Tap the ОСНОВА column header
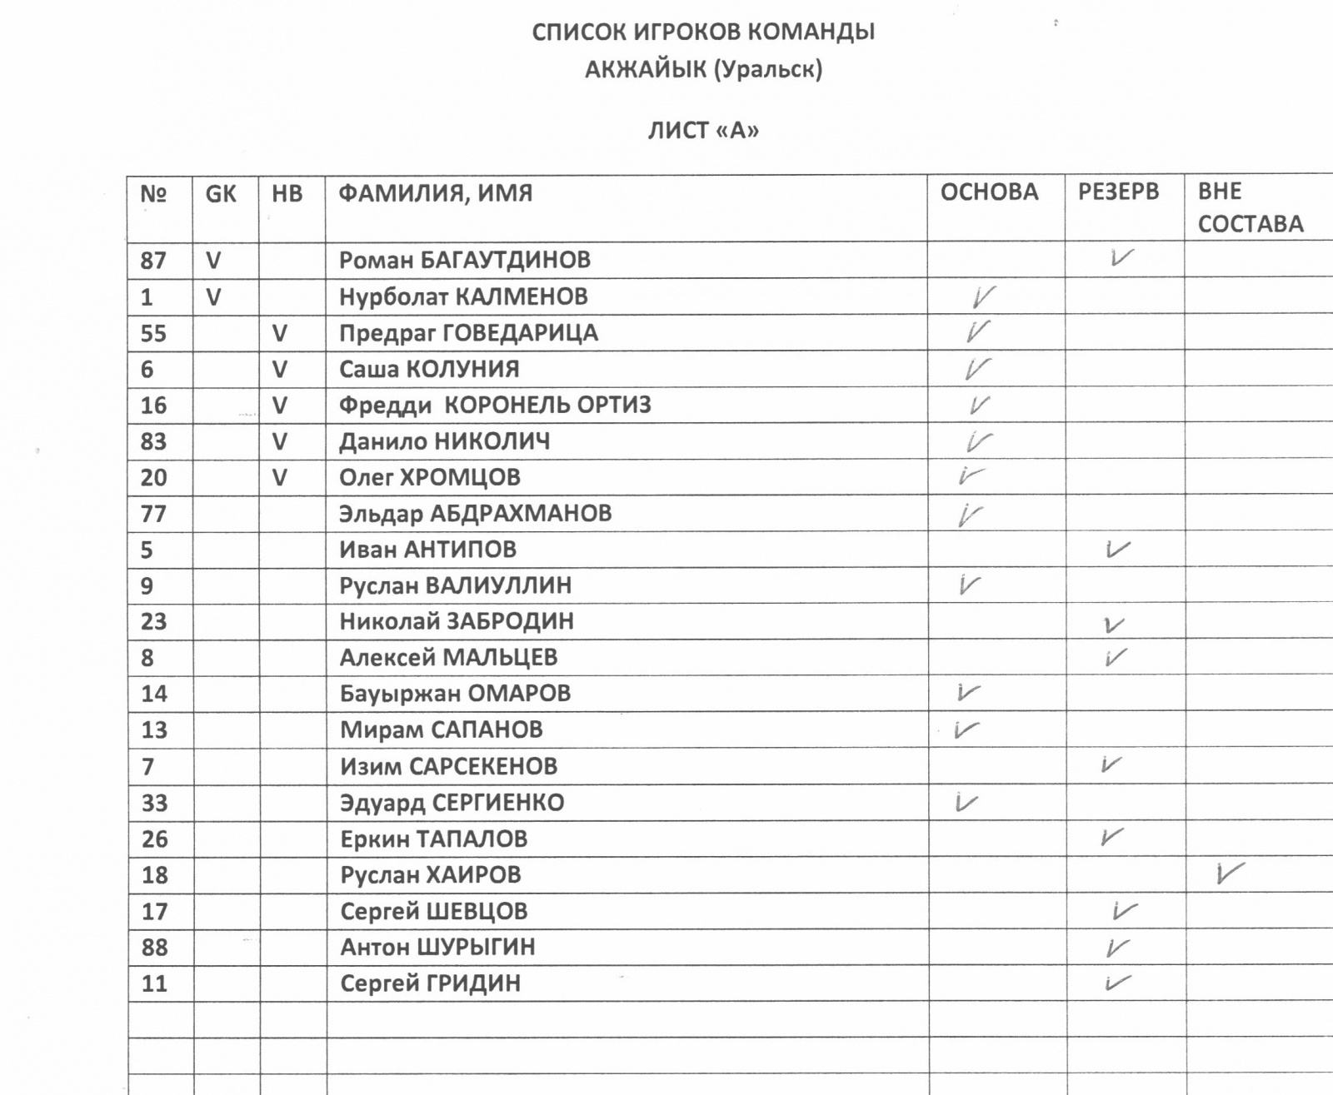click(x=989, y=192)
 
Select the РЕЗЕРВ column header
click(x=1118, y=192)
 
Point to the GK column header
click(x=221, y=194)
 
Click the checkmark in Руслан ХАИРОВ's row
click(x=1229, y=873)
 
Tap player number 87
click(x=153, y=261)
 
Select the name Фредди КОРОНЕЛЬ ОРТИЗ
click(x=495, y=406)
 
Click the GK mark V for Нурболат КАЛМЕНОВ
click(x=213, y=297)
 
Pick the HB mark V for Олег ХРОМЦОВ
click(x=280, y=478)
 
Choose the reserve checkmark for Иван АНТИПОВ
click(x=1116, y=549)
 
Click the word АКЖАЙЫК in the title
click(x=645, y=68)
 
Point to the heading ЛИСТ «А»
click(x=703, y=131)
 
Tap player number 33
click(x=154, y=803)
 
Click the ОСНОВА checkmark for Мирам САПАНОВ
click(x=966, y=729)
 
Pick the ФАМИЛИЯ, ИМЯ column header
click(x=435, y=193)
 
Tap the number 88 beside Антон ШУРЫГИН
click(x=154, y=948)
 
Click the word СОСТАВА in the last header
click(x=1250, y=224)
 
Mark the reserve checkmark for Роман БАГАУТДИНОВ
click(x=1121, y=257)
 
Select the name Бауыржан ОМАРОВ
click(x=455, y=694)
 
